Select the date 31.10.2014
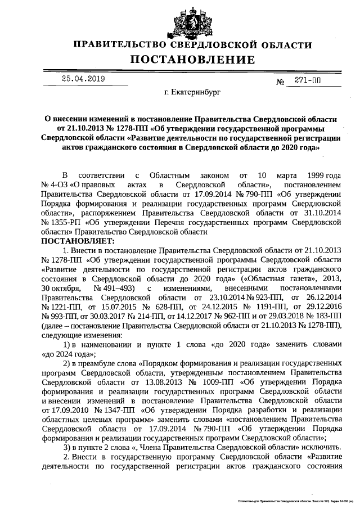pyautogui.click(x=321, y=214)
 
